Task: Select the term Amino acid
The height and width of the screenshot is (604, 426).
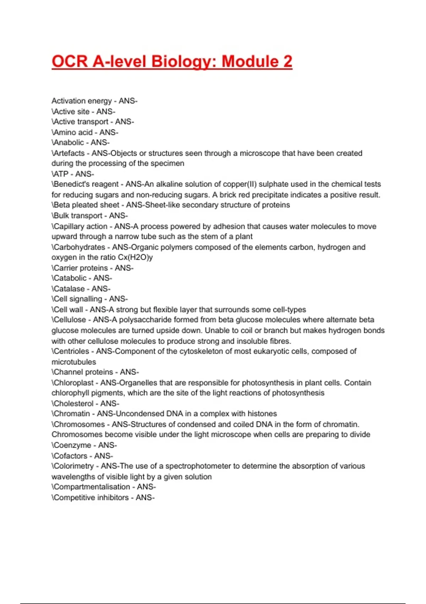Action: [73, 133]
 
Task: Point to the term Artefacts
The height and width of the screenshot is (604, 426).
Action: [69, 153]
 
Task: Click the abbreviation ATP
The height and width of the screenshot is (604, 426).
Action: [61, 174]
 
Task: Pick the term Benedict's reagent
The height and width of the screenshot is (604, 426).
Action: [86, 184]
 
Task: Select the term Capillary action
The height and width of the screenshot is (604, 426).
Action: [81, 226]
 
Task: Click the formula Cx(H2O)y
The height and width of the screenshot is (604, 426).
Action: [135, 257]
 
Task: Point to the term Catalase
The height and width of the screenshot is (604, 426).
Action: [69, 289]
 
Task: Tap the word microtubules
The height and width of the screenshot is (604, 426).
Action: [74, 362]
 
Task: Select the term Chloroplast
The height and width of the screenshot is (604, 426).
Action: [74, 383]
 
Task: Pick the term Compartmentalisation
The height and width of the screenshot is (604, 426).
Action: [92, 487]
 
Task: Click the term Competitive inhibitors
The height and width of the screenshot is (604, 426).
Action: [91, 498]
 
